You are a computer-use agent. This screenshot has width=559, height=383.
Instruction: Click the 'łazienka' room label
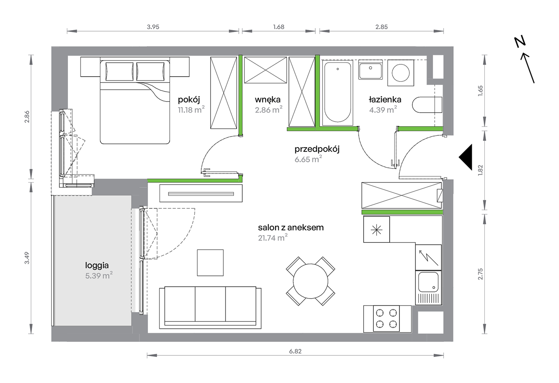pyautogui.click(x=385, y=100)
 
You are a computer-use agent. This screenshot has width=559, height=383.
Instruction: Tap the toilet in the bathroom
pyautogui.click(x=427, y=105)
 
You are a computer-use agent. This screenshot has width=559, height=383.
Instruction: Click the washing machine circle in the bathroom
pyautogui.click(x=401, y=73)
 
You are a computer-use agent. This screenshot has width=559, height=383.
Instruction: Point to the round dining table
pyautogui.click(x=310, y=281)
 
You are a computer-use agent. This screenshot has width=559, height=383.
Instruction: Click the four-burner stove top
pyautogui.click(x=387, y=319)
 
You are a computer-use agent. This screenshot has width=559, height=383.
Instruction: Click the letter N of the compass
pyautogui.click(x=520, y=42)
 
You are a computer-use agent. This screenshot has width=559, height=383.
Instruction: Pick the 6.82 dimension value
pyautogui.click(x=295, y=351)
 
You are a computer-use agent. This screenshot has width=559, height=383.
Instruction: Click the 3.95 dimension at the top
pyautogui.click(x=153, y=27)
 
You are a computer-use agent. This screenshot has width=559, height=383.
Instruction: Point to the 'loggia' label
pyautogui.click(x=97, y=265)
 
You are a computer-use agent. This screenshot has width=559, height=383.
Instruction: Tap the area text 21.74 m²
pyautogui.click(x=273, y=237)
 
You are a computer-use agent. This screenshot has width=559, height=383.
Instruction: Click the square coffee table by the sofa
pyautogui.click(x=210, y=263)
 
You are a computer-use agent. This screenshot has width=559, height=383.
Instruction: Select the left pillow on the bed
pyautogui.click(x=119, y=71)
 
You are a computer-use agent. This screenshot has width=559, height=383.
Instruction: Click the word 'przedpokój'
pyautogui.click(x=317, y=149)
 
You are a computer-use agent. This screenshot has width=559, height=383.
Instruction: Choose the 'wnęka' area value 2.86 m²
pyautogui.click(x=269, y=110)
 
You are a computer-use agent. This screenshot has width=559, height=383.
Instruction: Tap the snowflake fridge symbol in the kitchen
pyautogui.click(x=377, y=230)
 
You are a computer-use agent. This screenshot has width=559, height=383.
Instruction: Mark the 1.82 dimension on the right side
pyautogui.click(x=480, y=170)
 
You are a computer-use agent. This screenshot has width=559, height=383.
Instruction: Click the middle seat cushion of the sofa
pyautogui.click(x=210, y=304)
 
